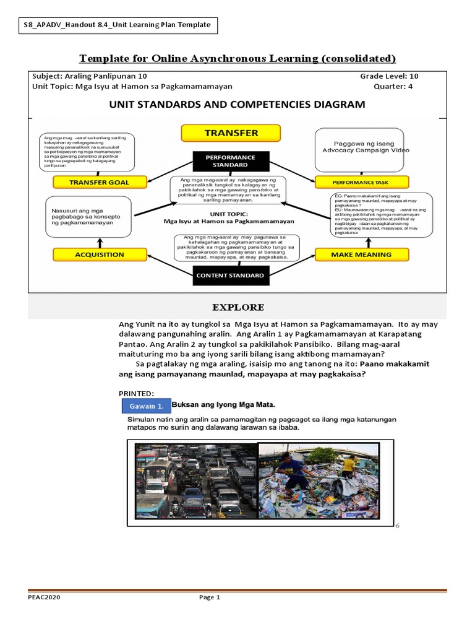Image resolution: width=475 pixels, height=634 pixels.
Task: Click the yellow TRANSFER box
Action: coord(231,133)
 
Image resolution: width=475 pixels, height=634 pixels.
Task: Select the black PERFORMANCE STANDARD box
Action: coord(230,162)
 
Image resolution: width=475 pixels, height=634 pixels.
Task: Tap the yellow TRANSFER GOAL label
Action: coord(100,182)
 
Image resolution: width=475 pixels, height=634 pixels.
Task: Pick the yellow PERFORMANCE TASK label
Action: coord(361,182)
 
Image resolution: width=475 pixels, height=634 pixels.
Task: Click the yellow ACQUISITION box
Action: coord(100,254)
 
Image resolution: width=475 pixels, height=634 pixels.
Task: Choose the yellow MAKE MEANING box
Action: coord(361,254)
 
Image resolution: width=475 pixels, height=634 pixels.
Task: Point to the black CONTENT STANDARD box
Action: coord(230,276)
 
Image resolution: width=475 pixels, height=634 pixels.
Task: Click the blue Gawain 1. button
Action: coord(147,406)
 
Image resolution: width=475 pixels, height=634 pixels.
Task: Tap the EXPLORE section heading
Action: coord(238,307)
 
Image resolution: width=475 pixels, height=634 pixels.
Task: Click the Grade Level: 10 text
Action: coord(389,76)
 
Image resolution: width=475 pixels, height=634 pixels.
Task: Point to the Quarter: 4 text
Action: coord(393,87)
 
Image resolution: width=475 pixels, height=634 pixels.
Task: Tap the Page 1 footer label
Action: coord(209,597)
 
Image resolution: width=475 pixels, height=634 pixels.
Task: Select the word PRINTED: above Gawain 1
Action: coord(136,393)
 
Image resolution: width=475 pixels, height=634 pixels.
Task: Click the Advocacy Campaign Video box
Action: coord(359,150)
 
